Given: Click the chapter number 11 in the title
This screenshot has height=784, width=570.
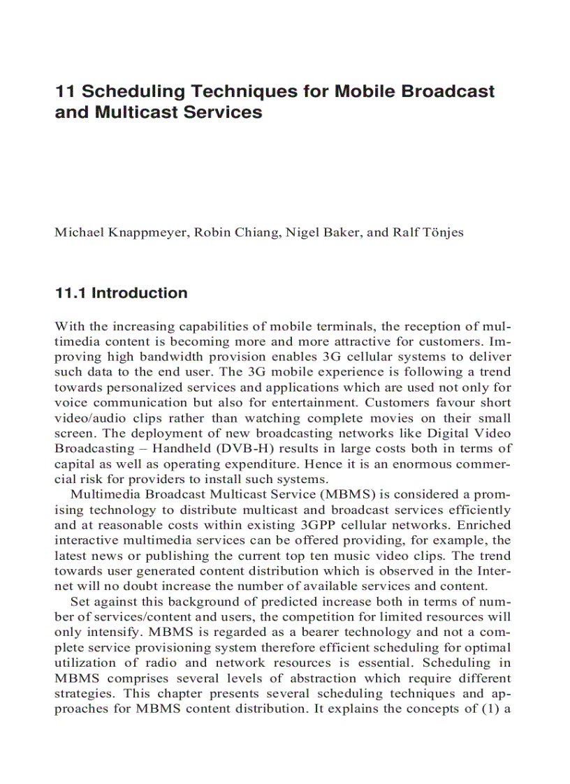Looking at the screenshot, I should point(64,91).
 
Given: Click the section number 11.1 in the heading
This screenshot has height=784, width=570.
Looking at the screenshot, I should point(71,293).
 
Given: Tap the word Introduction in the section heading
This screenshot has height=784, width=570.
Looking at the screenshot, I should point(140,293).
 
